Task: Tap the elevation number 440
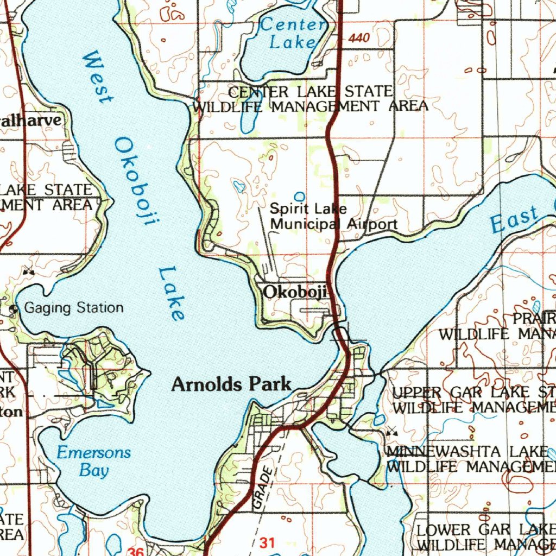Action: pos(359,38)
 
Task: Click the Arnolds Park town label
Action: pos(231,384)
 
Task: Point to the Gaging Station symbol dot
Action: pos(14,309)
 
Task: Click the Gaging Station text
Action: pos(74,308)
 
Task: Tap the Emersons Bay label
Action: pos(94,460)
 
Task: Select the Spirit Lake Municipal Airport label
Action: pos(333,216)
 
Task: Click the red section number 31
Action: pos(267,542)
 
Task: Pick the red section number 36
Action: pos(136,552)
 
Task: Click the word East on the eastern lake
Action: pos(513,220)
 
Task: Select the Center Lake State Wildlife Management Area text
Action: pos(310,98)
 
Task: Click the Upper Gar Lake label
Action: pos(473,399)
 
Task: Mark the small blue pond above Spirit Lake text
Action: pos(299,196)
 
